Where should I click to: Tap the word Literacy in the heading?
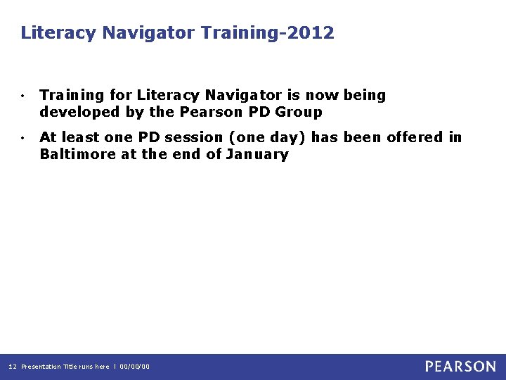[59, 33]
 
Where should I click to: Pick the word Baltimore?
[78, 154]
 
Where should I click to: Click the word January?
[257, 154]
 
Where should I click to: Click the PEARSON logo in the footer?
[460, 366]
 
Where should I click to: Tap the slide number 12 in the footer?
[12, 367]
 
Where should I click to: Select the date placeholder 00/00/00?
[134, 367]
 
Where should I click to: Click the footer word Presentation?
[41, 367]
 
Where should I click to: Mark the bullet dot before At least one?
[23, 138]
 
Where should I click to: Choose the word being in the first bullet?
[365, 95]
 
